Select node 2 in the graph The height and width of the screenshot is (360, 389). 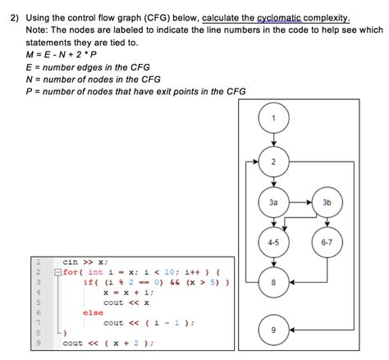[273, 161]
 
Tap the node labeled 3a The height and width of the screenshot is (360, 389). [273, 201]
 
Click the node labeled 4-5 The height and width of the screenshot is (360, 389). [273, 243]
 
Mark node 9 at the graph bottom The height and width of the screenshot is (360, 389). [273, 330]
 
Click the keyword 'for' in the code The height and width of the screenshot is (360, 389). [71, 271]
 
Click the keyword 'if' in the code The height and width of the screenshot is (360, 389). [88, 281]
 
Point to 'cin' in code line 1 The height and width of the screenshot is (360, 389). [71, 261]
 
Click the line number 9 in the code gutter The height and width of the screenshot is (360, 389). [38, 343]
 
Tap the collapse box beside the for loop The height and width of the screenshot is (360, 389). [56, 271]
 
